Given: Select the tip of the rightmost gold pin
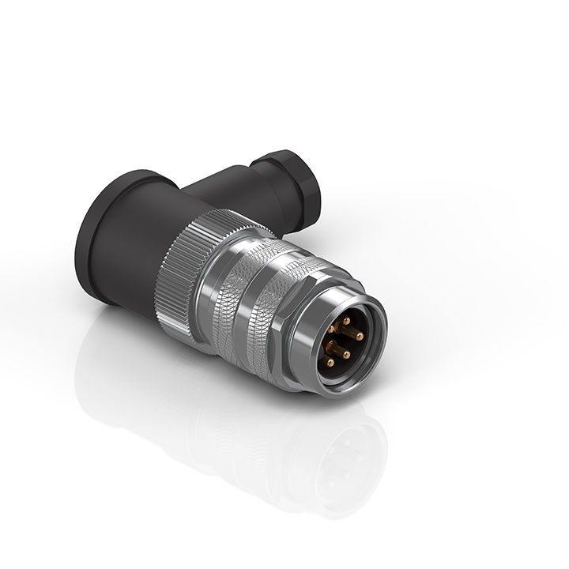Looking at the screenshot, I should pyautogui.click(x=360, y=336).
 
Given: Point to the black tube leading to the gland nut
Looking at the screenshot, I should pyautogui.click(x=229, y=190).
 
